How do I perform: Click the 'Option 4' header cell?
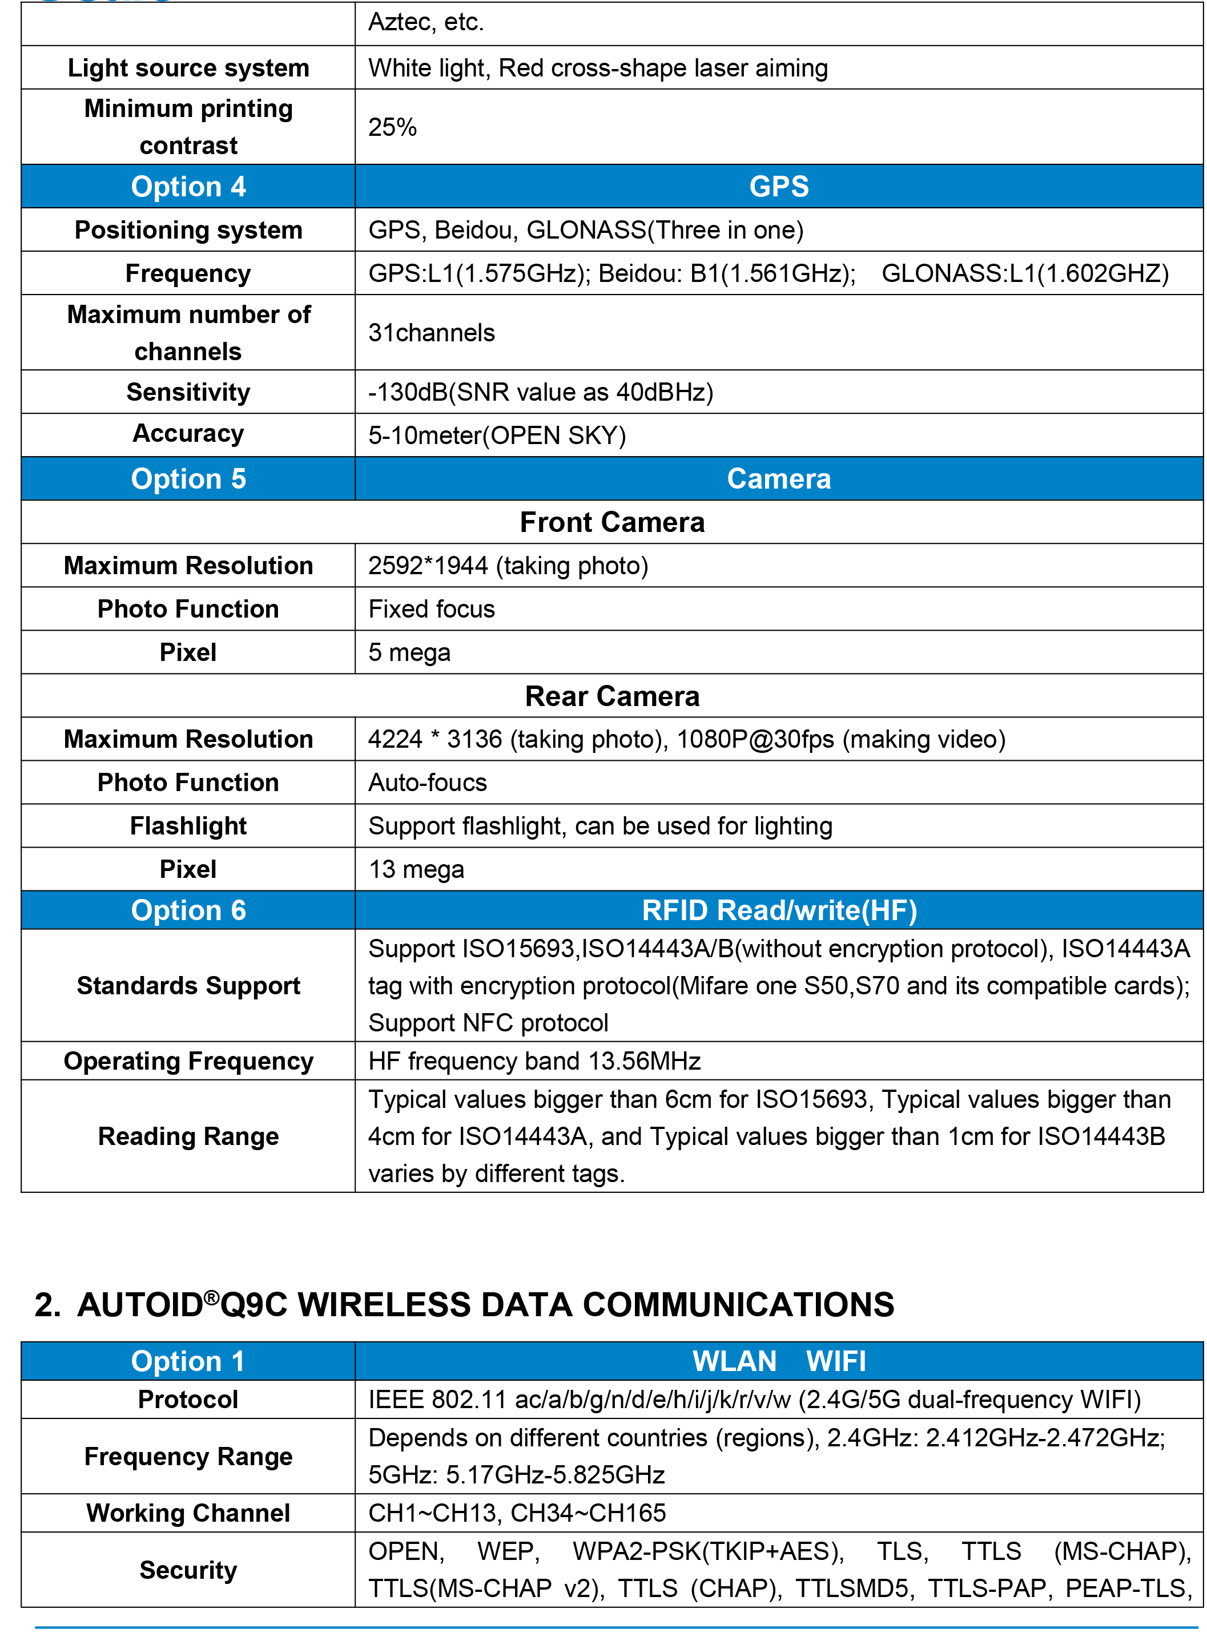pyautogui.click(x=188, y=186)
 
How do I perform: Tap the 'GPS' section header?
pyautogui.click(x=778, y=186)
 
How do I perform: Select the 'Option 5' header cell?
pyautogui.click(x=188, y=478)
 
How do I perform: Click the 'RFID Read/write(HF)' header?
pyautogui.click(x=778, y=910)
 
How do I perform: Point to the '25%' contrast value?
pyautogui.click(x=392, y=127)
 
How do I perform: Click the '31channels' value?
pyautogui.click(x=431, y=332)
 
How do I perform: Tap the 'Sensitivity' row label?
pyautogui.click(x=188, y=392)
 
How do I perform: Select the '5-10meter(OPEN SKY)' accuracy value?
pyautogui.click(x=497, y=436)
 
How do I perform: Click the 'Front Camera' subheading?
pyautogui.click(x=611, y=522)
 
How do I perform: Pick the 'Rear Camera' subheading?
pyautogui.click(x=611, y=696)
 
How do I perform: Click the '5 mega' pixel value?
pyautogui.click(x=409, y=652)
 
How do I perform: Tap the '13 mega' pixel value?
pyautogui.click(x=416, y=869)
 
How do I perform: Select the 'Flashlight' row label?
pyautogui.click(x=188, y=825)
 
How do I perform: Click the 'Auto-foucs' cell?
pyautogui.click(x=428, y=783)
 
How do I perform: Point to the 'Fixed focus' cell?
pyautogui.click(x=431, y=609)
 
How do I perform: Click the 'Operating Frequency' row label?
pyautogui.click(x=188, y=1061)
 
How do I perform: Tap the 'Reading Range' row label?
pyautogui.click(x=188, y=1136)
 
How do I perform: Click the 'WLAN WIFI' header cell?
pyautogui.click(x=778, y=1361)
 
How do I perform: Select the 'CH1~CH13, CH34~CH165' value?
pyautogui.click(x=517, y=1513)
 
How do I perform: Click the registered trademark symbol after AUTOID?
pyautogui.click(x=211, y=1297)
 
